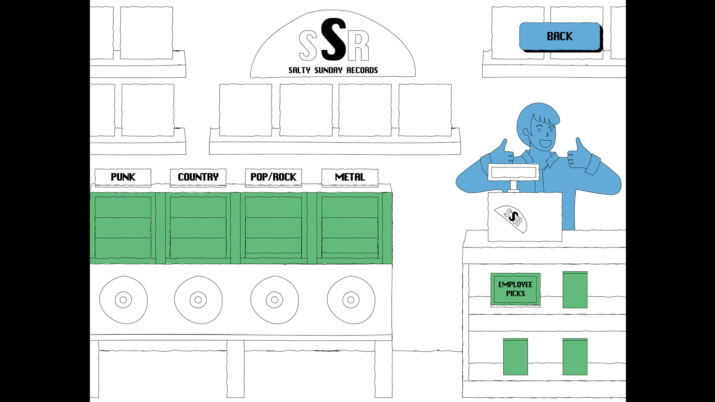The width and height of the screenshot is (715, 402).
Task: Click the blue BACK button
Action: tap(560, 36)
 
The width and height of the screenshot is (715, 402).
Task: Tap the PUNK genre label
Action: tap(123, 177)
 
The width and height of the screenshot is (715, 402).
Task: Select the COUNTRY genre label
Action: tap(198, 177)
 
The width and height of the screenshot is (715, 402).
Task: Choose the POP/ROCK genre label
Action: tap(273, 177)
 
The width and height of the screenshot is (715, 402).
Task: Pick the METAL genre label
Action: tap(350, 177)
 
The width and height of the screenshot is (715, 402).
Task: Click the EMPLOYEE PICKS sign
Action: tap(515, 289)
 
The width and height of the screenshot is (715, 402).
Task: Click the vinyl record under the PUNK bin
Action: tap(123, 300)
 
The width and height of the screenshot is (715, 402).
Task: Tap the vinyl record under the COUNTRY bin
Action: tap(198, 300)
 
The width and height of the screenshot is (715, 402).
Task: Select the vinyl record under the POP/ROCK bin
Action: tap(274, 300)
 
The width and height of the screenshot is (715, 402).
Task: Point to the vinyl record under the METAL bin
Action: tap(351, 300)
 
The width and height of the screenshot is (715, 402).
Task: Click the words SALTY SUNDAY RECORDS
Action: tap(333, 70)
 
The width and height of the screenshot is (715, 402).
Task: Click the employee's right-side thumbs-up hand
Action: tap(577, 154)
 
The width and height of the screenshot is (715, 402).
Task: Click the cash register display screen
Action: tap(514, 172)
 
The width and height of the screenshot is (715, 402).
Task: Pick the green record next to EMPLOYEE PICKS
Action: tap(575, 290)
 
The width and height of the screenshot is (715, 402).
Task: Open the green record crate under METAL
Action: tap(350, 227)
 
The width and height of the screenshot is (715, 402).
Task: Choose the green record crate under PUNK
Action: tap(123, 227)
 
